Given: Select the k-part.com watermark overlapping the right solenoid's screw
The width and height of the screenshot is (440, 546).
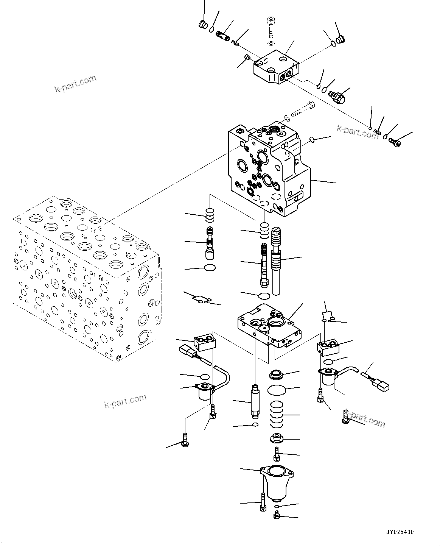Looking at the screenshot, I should click(x=365, y=420).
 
